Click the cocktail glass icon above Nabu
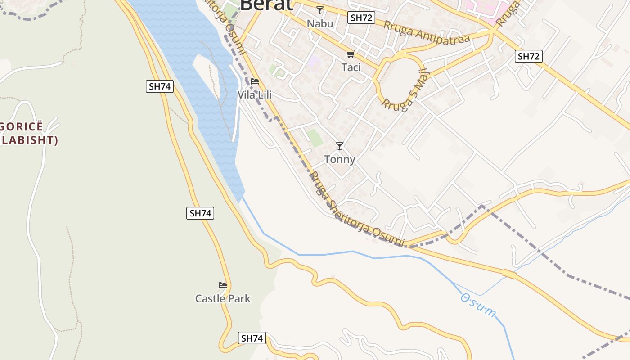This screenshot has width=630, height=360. (320, 10)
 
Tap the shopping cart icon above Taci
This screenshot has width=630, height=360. (351, 54)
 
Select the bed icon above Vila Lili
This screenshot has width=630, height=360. (255, 81)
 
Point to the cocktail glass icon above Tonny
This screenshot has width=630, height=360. (340, 146)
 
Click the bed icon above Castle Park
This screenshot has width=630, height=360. (223, 285)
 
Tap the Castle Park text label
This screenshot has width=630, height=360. (223, 298)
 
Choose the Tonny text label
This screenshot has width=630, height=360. (340, 159)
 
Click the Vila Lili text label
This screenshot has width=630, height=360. (255, 95)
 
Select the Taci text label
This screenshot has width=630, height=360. (351, 67)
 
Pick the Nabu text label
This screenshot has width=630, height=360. (320, 23)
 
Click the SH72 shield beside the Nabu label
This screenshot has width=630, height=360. (361, 18)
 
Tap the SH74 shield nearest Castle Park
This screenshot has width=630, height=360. (252, 338)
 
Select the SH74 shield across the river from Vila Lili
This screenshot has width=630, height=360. (160, 86)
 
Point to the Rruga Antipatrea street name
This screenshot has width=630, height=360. (427, 32)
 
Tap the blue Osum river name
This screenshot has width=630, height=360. (478, 305)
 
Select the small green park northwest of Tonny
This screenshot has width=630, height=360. (315, 137)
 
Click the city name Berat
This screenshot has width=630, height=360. (266, 4)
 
